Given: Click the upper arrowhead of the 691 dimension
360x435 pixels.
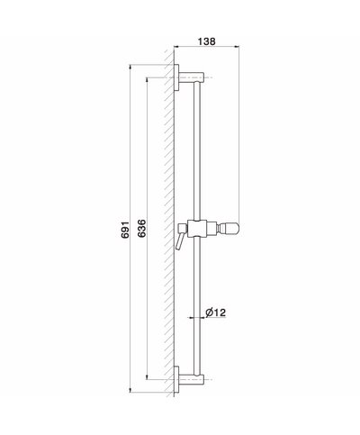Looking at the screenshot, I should [x=132, y=65].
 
